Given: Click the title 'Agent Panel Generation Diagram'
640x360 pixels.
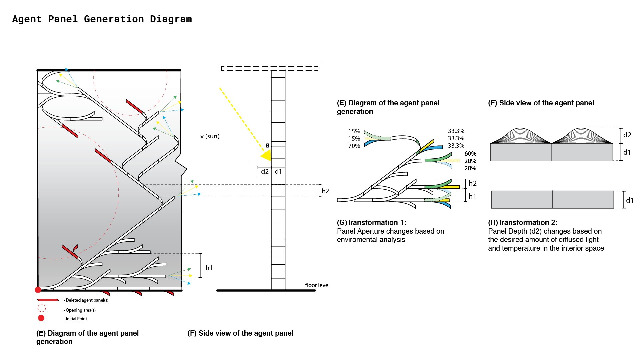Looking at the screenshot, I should [x=102, y=19].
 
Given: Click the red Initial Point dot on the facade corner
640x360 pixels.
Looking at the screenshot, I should [x=38, y=290].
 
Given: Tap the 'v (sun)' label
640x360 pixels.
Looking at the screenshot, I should [x=210, y=136].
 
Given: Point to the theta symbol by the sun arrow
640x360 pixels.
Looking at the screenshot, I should [x=267, y=146].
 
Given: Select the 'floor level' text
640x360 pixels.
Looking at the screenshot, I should [x=317, y=285].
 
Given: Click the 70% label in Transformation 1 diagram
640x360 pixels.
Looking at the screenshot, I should [x=354, y=146].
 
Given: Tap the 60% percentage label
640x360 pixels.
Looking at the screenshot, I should [x=470, y=154].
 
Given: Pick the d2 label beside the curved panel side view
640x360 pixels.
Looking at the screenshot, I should [x=627, y=135].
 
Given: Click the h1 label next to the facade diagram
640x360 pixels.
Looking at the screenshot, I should [x=209, y=268].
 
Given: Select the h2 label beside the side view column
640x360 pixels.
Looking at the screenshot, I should [x=325, y=191].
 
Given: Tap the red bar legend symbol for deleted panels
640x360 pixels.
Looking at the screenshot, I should [x=48, y=300].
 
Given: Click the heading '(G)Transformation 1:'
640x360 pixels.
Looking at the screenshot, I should [x=371, y=222].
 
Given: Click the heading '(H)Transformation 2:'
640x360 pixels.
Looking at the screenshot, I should [x=523, y=222].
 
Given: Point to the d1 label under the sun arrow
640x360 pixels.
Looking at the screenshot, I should [x=278, y=171].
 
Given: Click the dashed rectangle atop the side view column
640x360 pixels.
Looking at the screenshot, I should [x=269, y=68].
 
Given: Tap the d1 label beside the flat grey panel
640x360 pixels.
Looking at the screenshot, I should [x=629, y=200].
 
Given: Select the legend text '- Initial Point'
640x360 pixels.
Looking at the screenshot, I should [x=75, y=319].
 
